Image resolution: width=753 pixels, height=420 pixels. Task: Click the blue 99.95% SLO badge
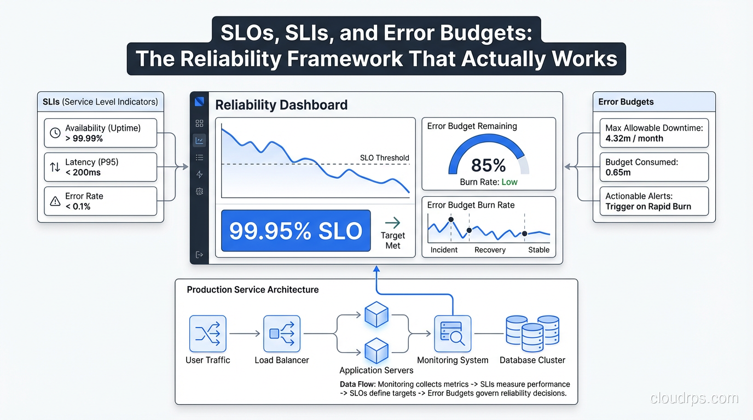point(296,230)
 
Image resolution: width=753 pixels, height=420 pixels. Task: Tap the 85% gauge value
point(489,165)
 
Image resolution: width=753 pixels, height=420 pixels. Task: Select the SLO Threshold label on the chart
point(385,157)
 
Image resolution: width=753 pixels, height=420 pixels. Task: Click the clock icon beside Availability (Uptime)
point(55,133)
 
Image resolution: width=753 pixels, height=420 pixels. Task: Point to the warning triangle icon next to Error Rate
point(55,201)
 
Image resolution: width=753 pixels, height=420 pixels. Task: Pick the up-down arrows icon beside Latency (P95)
point(55,167)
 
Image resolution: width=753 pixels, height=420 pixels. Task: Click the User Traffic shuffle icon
point(208,334)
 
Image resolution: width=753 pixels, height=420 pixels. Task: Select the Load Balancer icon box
point(282,334)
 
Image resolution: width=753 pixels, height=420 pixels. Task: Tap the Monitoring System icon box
point(453,334)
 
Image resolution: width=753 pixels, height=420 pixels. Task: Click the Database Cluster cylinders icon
point(532,333)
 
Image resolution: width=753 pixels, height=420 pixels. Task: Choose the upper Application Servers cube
point(376,314)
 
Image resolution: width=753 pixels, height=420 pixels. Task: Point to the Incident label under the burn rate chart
point(444,249)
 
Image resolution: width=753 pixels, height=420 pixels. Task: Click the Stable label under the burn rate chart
point(538,249)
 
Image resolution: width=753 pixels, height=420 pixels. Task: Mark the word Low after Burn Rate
point(509,182)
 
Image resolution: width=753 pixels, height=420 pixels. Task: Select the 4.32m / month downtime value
point(634,138)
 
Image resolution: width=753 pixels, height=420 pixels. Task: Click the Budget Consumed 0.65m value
point(618,172)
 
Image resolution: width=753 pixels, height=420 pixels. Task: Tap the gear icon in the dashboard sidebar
point(199,191)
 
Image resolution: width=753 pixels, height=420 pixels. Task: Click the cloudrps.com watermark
point(694,398)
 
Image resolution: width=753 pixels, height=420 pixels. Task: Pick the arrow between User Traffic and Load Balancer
point(245,334)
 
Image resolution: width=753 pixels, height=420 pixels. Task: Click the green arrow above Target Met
point(392,223)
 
